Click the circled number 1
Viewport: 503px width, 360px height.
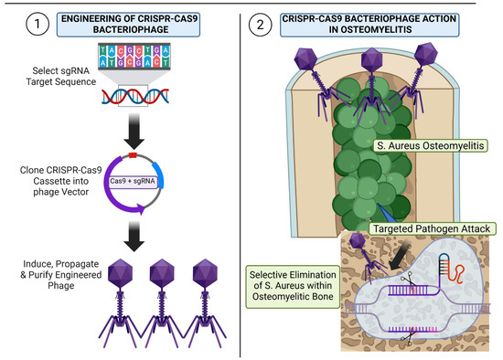[x=37, y=24]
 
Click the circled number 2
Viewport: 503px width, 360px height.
[x=260, y=25]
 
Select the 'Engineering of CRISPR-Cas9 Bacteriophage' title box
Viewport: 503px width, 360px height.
[x=128, y=25]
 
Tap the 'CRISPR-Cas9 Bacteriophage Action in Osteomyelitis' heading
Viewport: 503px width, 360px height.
[x=369, y=25]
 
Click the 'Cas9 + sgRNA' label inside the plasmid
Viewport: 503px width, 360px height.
[x=133, y=182]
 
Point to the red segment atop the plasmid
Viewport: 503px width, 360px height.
[x=133, y=156]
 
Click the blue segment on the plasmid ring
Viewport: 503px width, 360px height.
[x=158, y=175]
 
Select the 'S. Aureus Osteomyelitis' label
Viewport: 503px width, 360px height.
[x=431, y=146]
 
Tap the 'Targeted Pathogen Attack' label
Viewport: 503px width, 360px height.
[x=432, y=229]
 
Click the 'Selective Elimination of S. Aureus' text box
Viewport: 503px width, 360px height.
[x=293, y=286]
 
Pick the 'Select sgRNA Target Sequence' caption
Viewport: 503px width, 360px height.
[x=61, y=77]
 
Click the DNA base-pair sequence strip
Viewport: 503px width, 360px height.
[x=134, y=57]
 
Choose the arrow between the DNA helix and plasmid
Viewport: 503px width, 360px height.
[x=134, y=131]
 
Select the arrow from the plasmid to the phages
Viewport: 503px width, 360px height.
[x=134, y=236]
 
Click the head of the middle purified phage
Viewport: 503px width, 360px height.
[x=162, y=273]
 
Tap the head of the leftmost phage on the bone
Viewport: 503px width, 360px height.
[x=305, y=58]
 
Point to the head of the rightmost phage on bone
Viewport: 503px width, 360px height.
[x=425, y=54]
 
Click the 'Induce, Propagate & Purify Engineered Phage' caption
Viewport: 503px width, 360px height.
[x=61, y=275]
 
